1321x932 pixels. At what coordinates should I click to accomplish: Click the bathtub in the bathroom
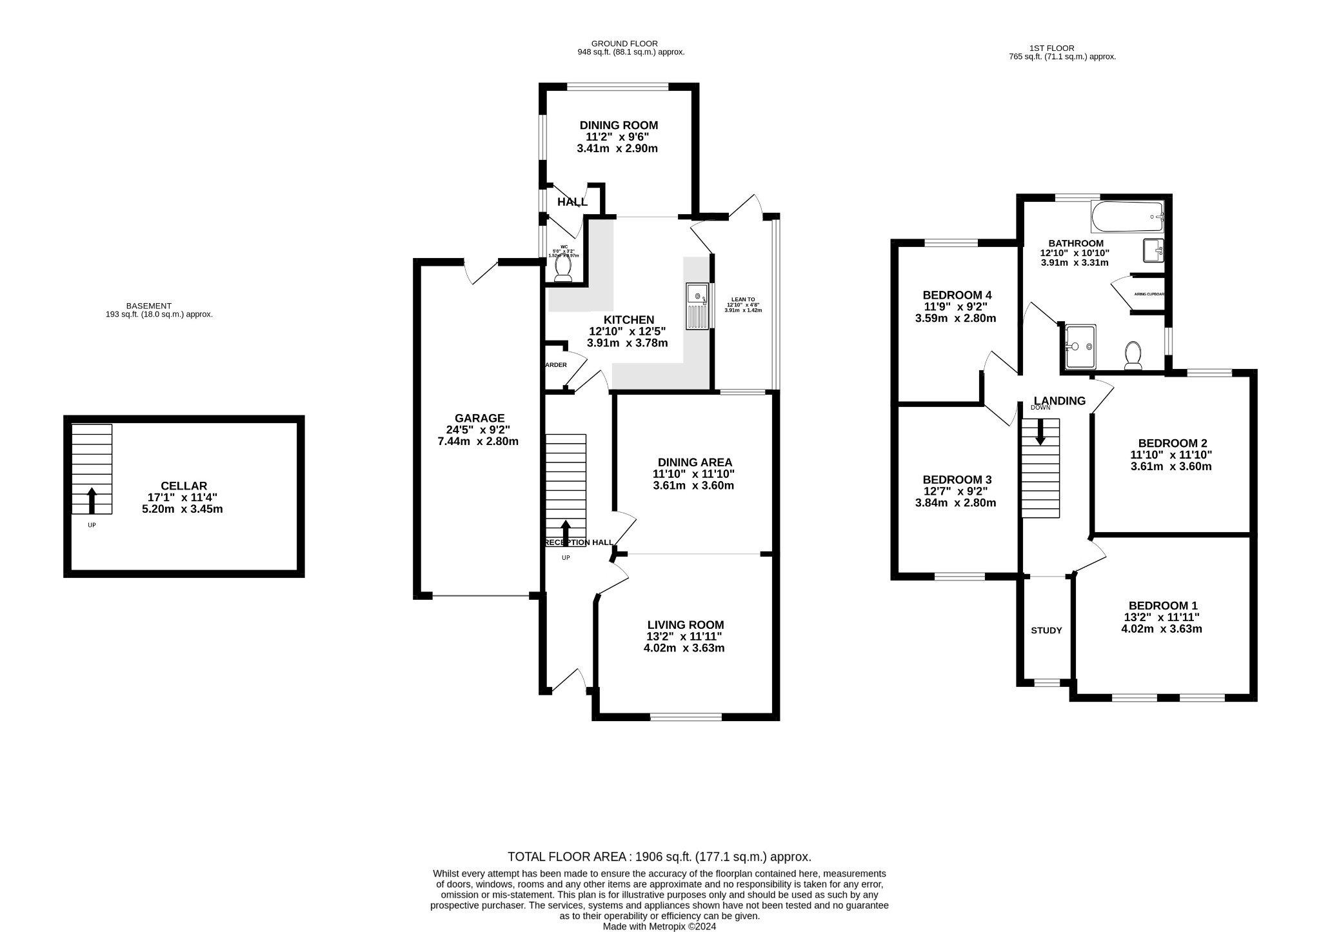pyautogui.click(x=1126, y=217)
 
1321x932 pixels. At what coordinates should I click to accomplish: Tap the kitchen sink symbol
pyautogui.click(x=698, y=306)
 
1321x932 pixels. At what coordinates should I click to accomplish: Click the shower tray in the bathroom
pyautogui.click(x=1080, y=346)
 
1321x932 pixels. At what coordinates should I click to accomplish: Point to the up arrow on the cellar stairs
pyautogui.click(x=92, y=500)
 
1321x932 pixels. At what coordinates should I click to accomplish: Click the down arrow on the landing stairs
pyautogui.click(x=1040, y=431)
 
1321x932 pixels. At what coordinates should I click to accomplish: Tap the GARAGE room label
pyautogui.click(x=479, y=418)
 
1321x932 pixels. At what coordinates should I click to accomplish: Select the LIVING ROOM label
pyautogui.click(x=686, y=625)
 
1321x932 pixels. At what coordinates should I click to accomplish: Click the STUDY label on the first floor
pyautogui.click(x=1046, y=630)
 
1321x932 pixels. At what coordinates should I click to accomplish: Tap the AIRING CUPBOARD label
pyautogui.click(x=1149, y=294)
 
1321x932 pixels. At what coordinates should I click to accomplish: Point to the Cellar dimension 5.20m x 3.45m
pyautogui.click(x=182, y=509)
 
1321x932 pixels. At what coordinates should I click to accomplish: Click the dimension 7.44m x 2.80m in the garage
pyautogui.click(x=478, y=441)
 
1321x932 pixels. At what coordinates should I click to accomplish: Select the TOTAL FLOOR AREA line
pyautogui.click(x=659, y=857)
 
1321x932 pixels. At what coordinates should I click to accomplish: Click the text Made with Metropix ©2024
pyautogui.click(x=659, y=926)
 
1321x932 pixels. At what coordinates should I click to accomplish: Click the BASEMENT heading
pyautogui.click(x=148, y=306)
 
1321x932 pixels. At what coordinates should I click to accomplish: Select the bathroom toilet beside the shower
pyautogui.click(x=1133, y=355)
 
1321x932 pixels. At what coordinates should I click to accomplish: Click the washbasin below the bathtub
pyautogui.click(x=1153, y=250)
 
